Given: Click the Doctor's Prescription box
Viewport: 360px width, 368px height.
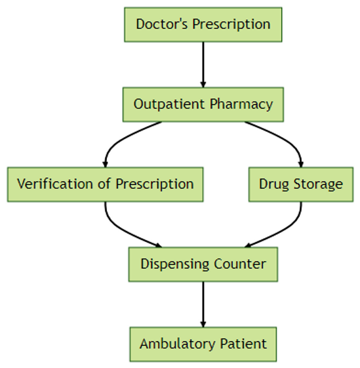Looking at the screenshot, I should click(x=203, y=25).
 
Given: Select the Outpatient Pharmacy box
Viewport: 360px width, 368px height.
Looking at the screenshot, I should click(x=203, y=104).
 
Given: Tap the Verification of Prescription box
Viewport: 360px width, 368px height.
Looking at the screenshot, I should click(x=105, y=184).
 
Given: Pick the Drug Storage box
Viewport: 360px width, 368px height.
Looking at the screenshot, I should click(x=301, y=184).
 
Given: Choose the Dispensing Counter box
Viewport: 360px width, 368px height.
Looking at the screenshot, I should click(x=203, y=264).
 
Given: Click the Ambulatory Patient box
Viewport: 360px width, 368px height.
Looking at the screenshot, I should click(x=203, y=344).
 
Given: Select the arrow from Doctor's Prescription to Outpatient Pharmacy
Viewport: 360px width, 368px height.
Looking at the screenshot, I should click(x=203, y=64).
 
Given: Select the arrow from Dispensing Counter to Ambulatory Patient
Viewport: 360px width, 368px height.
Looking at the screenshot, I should click(x=203, y=304).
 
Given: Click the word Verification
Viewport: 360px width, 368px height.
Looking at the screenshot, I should click(x=55, y=184).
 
